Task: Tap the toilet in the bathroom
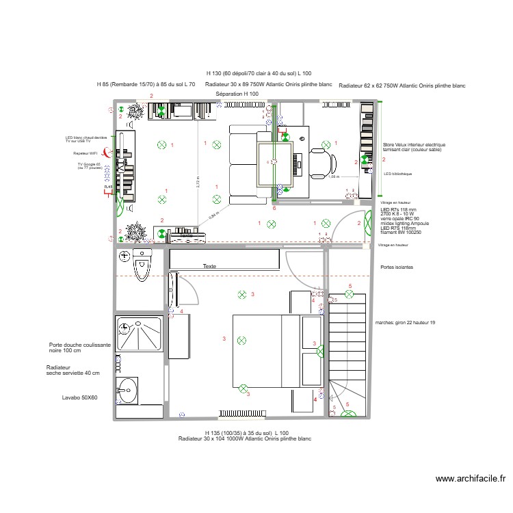coord(142,264)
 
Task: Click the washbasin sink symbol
coord(128,391)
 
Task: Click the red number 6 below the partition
coord(274,207)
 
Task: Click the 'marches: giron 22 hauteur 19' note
coord(406,322)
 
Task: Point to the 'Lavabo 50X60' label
coord(79,397)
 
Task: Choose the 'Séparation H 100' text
coord(237,94)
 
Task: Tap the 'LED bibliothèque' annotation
coord(397,174)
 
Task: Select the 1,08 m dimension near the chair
coord(333,176)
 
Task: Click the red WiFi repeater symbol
coord(105,153)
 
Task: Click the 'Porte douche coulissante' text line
coord(79,345)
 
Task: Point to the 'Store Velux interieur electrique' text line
coord(414,145)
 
